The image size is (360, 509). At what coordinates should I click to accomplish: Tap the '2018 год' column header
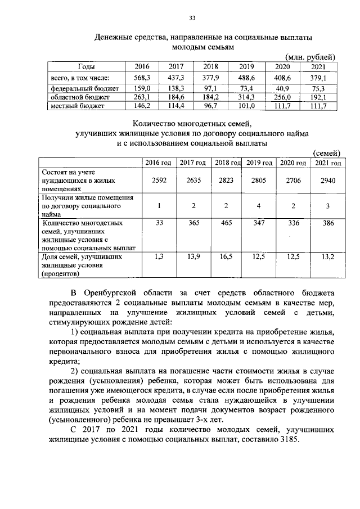click(x=227, y=163)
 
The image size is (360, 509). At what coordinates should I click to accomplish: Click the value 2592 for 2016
click(x=159, y=181)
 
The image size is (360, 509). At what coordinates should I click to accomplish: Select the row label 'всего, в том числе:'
click(x=72, y=78)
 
